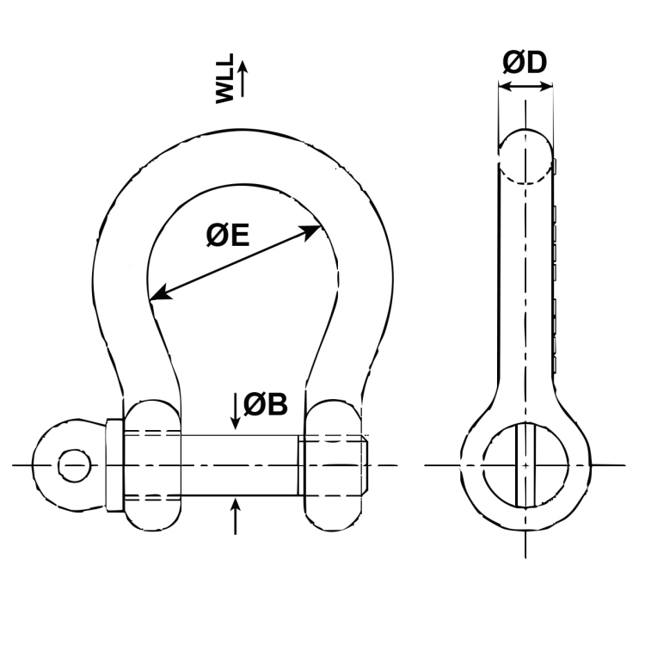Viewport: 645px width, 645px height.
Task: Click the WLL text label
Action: pos(224,78)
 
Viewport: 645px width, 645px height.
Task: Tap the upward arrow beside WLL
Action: pos(243,78)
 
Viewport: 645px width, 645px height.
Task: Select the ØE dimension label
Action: pos(228,236)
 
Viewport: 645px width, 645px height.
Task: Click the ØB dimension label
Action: pos(266,404)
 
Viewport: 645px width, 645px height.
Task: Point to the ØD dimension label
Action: pos(525,63)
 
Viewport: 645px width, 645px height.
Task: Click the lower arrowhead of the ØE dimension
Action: pos(162,292)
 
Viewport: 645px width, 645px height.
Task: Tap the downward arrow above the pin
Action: pos(236,411)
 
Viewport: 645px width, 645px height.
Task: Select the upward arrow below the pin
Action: pos(236,516)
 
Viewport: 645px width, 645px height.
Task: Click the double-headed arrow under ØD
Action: pos(525,86)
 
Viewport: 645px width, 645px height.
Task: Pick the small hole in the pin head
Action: pos(75,465)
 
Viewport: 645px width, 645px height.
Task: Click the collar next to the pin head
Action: pos(114,465)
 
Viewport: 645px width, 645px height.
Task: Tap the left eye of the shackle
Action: pos(151,465)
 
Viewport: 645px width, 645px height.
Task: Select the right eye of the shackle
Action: pos(333,465)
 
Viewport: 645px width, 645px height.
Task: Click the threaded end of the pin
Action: pos(333,465)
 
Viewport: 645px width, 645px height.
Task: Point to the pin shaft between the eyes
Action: pos(239,465)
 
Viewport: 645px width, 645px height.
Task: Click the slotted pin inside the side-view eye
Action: pos(525,465)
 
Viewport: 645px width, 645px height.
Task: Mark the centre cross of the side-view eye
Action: pos(525,465)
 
